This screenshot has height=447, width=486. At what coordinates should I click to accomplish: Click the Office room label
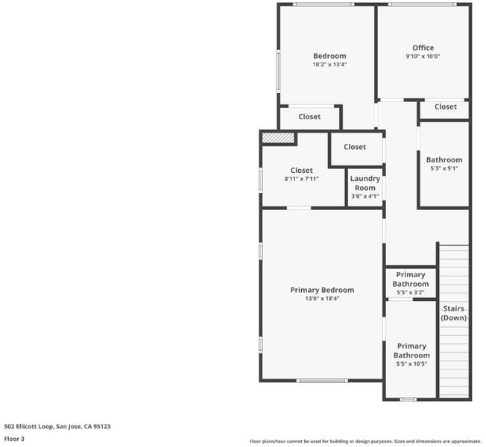point(423,48)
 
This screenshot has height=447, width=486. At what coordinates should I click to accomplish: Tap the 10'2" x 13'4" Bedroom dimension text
point(329,64)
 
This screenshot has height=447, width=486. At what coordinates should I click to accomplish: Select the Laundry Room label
point(365,183)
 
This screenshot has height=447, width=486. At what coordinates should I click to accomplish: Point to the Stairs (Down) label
point(453,313)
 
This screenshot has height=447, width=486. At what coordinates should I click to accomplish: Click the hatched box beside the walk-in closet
point(278,138)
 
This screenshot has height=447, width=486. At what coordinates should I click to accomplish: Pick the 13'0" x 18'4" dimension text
point(322,299)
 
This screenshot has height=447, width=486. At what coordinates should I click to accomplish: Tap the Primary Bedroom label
point(322,290)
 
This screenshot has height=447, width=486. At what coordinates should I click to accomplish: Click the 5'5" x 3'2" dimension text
point(411,293)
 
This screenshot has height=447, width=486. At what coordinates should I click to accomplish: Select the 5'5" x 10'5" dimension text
point(411,364)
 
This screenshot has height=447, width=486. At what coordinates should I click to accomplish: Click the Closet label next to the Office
point(446,107)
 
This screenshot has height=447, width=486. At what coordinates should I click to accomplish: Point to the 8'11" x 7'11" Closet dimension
point(301,179)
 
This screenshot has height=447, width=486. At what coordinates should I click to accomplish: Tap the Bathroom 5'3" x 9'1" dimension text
point(444,168)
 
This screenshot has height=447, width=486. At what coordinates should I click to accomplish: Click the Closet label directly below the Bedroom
point(309,117)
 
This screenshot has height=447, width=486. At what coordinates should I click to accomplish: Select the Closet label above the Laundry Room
point(355,147)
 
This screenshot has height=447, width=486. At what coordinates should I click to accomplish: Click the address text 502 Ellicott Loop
point(29,426)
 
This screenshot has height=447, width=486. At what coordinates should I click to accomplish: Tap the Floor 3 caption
point(14,439)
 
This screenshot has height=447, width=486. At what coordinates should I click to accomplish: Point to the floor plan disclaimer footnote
point(365,441)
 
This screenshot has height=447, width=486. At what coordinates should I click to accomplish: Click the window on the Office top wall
point(422,4)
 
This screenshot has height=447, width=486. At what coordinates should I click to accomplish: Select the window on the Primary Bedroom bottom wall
point(322,381)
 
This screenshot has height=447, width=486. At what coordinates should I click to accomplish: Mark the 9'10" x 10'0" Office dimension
point(423,57)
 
